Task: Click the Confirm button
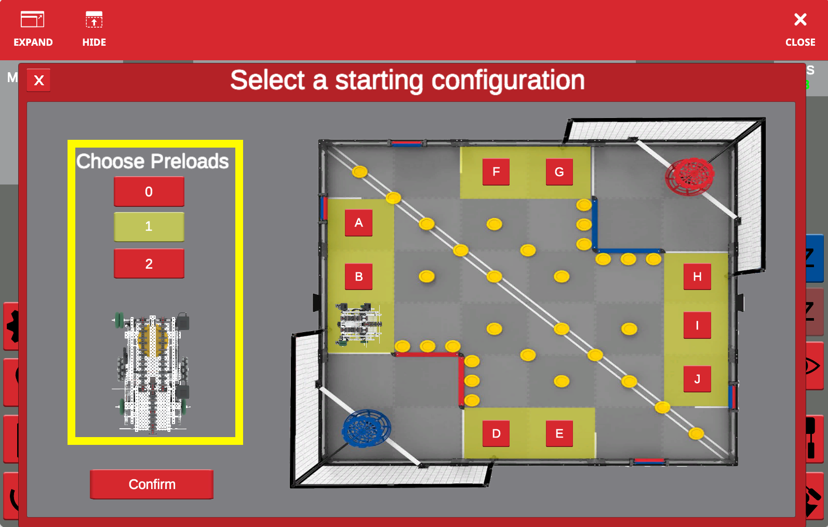click(x=152, y=484)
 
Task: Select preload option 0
click(x=149, y=192)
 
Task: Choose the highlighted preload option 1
click(x=149, y=227)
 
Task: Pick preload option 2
click(x=149, y=264)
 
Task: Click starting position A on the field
click(x=358, y=223)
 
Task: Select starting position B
click(x=358, y=276)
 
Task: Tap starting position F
click(x=496, y=172)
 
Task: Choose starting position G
click(x=559, y=172)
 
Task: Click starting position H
click(x=697, y=276)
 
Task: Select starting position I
click(x=697, y=326)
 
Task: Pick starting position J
click(x=697, y=379)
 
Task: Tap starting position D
click(x=496, y=433)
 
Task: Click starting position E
click(x=559, y=433)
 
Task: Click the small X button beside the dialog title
click(x=39, y=81)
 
